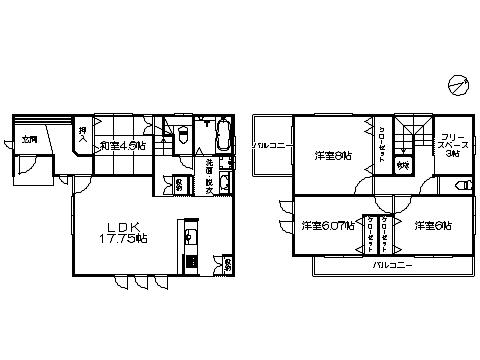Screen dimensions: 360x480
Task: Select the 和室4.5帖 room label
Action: coord(122,146)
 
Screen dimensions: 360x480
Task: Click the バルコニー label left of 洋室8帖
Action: coord(271,146)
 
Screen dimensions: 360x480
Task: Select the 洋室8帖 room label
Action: coord(333,155)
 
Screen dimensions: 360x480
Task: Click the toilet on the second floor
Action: coord(462,186)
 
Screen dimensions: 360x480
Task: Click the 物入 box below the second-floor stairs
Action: coord(403,166)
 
